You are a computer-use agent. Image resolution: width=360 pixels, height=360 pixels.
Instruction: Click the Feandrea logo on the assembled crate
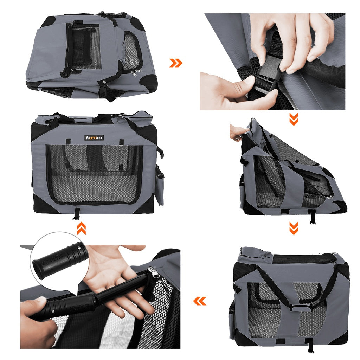[x=94, y=138]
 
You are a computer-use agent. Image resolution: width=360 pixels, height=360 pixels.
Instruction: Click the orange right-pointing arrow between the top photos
[x=176, y=63]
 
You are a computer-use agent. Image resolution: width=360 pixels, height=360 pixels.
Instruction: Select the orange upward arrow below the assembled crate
[x=81, y=229]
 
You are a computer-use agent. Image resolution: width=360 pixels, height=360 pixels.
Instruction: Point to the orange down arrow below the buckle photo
[x=294, y=120]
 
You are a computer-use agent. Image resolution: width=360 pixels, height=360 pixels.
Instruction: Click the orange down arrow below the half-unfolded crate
[x=294, y=229]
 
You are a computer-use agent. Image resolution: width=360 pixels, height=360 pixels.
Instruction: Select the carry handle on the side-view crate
[x=291, y=308]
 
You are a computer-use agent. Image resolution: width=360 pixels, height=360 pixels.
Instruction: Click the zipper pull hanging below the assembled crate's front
[x=76, y=214]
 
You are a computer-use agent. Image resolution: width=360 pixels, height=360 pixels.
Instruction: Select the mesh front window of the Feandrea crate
[x=94, y=174]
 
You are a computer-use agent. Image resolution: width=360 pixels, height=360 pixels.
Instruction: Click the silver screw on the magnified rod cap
[x=82, y=249]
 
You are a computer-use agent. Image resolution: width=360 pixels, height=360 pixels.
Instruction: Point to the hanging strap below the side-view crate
[x=310, y=345]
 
